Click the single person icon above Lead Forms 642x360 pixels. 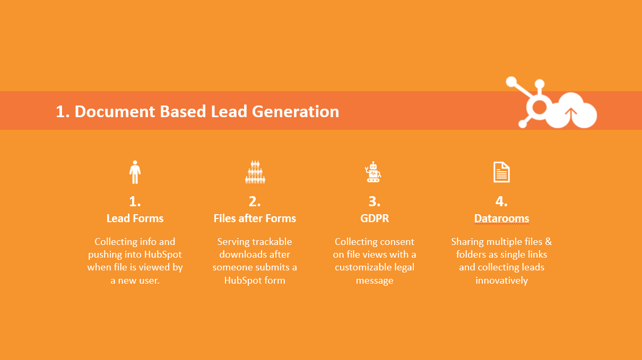tap(135, 172)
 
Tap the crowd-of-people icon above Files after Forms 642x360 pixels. tap(255, 172)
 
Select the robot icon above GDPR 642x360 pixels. tap(373, 172)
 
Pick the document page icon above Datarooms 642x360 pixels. tap(501, 172)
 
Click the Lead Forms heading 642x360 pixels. tap(135, 218)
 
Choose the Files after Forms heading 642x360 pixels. tap(255, 218)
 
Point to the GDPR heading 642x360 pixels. tap(374, 218)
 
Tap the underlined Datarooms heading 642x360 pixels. tap(501, 218)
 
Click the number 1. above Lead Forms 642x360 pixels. tap(135, 201)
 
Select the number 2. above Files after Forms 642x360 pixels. tap(255, 201)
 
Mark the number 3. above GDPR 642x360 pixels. tap(374, 201)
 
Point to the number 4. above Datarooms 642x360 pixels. tap(501, 201)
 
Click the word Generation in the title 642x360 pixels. tap(296, 111)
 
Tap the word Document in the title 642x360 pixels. tap(115, 111)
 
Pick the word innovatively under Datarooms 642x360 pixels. tap(501, 280)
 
